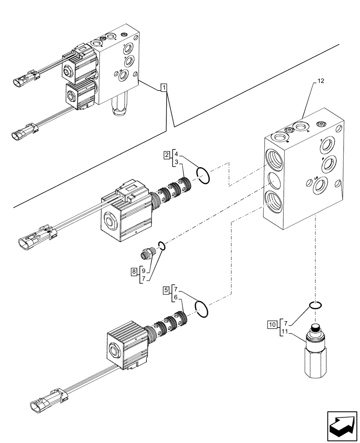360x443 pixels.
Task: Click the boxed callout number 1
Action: (x=164, y=88)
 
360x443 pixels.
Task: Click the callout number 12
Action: (x=321, y=81)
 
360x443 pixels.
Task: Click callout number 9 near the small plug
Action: (x=144, y=270)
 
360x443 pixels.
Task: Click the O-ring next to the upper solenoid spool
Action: (x=203, y=175)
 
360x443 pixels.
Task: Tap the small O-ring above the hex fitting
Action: (x=315, y=305)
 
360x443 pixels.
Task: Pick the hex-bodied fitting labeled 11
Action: (x=314, y=354)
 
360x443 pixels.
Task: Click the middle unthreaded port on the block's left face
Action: (x=274, y=179)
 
